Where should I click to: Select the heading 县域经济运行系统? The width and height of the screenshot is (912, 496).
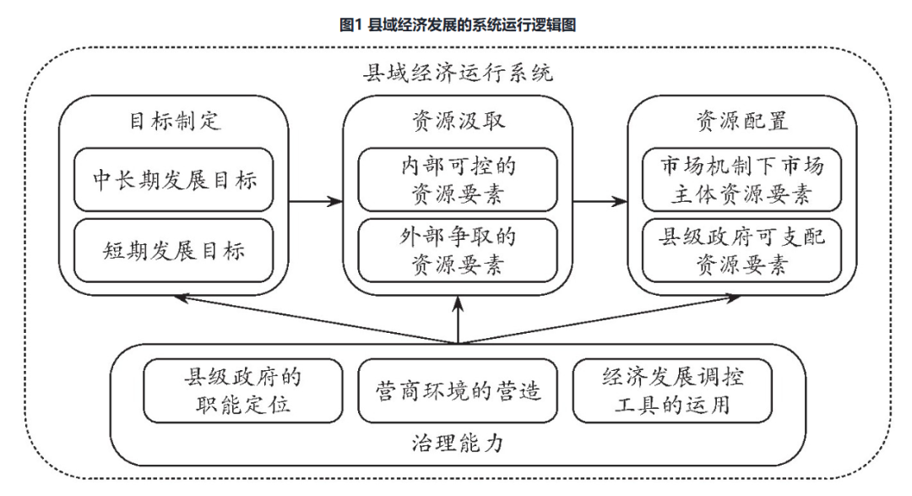click(x=457, y=74)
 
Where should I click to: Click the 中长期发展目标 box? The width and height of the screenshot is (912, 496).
click(x=174, y=180)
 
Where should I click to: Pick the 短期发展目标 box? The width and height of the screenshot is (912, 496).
click(x=174, y=250)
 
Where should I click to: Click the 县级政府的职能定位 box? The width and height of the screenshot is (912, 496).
click(x=244, y=390)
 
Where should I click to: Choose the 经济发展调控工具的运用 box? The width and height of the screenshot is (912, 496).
click(x=673, y=390)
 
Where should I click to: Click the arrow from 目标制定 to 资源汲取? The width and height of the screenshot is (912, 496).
click(x=316, y=201)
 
